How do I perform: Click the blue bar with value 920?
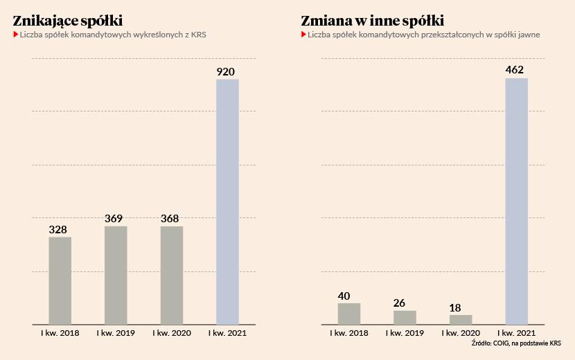[227, 201]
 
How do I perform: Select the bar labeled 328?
[60, 280]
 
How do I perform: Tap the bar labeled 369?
[116, 275]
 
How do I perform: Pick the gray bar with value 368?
[172, 275]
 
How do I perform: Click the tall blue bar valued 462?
[516, 201]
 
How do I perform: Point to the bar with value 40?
[348, 314]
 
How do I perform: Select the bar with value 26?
[405, 317]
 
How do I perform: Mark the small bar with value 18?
[461, 320]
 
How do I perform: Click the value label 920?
[226, 71]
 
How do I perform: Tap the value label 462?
[515, 70]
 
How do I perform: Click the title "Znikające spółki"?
[63, 20]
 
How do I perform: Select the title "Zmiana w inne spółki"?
[373, 20]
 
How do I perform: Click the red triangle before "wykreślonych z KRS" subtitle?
[15, 34]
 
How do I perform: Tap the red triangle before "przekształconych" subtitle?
[303, 34]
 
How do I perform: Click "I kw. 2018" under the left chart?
[60, 334]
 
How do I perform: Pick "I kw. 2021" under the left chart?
[227, 334]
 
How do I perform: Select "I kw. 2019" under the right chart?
[405, 334]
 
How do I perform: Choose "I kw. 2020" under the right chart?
[461, 334]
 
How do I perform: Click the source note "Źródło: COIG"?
[515, 343]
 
